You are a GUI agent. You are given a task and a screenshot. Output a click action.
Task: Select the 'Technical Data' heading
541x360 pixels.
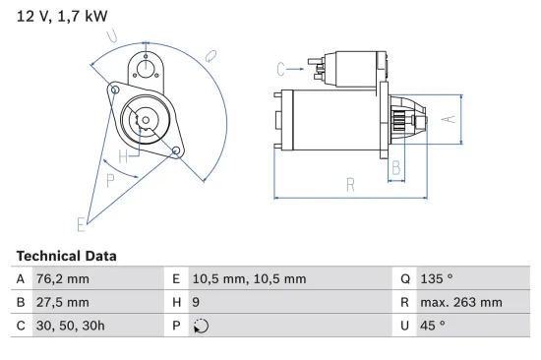pyautogui.click(x=66, y=255)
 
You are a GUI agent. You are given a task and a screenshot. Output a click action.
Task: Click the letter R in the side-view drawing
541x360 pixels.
pyautogui.click(x=349, y=183)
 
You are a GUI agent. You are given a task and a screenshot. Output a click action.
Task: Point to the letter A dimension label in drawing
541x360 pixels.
pyautogui.click(x=447, y=119)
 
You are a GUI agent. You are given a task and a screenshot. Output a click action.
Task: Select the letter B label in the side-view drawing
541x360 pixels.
pyautogui.click(x=395, y=168)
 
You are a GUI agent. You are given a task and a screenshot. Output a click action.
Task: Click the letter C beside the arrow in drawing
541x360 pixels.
pyautogui.click(x=280, y=68)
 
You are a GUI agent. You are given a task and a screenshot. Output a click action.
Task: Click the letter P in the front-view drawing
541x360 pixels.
pyautogui.click(x=110, y=179)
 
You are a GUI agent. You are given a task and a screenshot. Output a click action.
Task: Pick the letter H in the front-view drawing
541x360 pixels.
pyautogui.click(x=123, y=156)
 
